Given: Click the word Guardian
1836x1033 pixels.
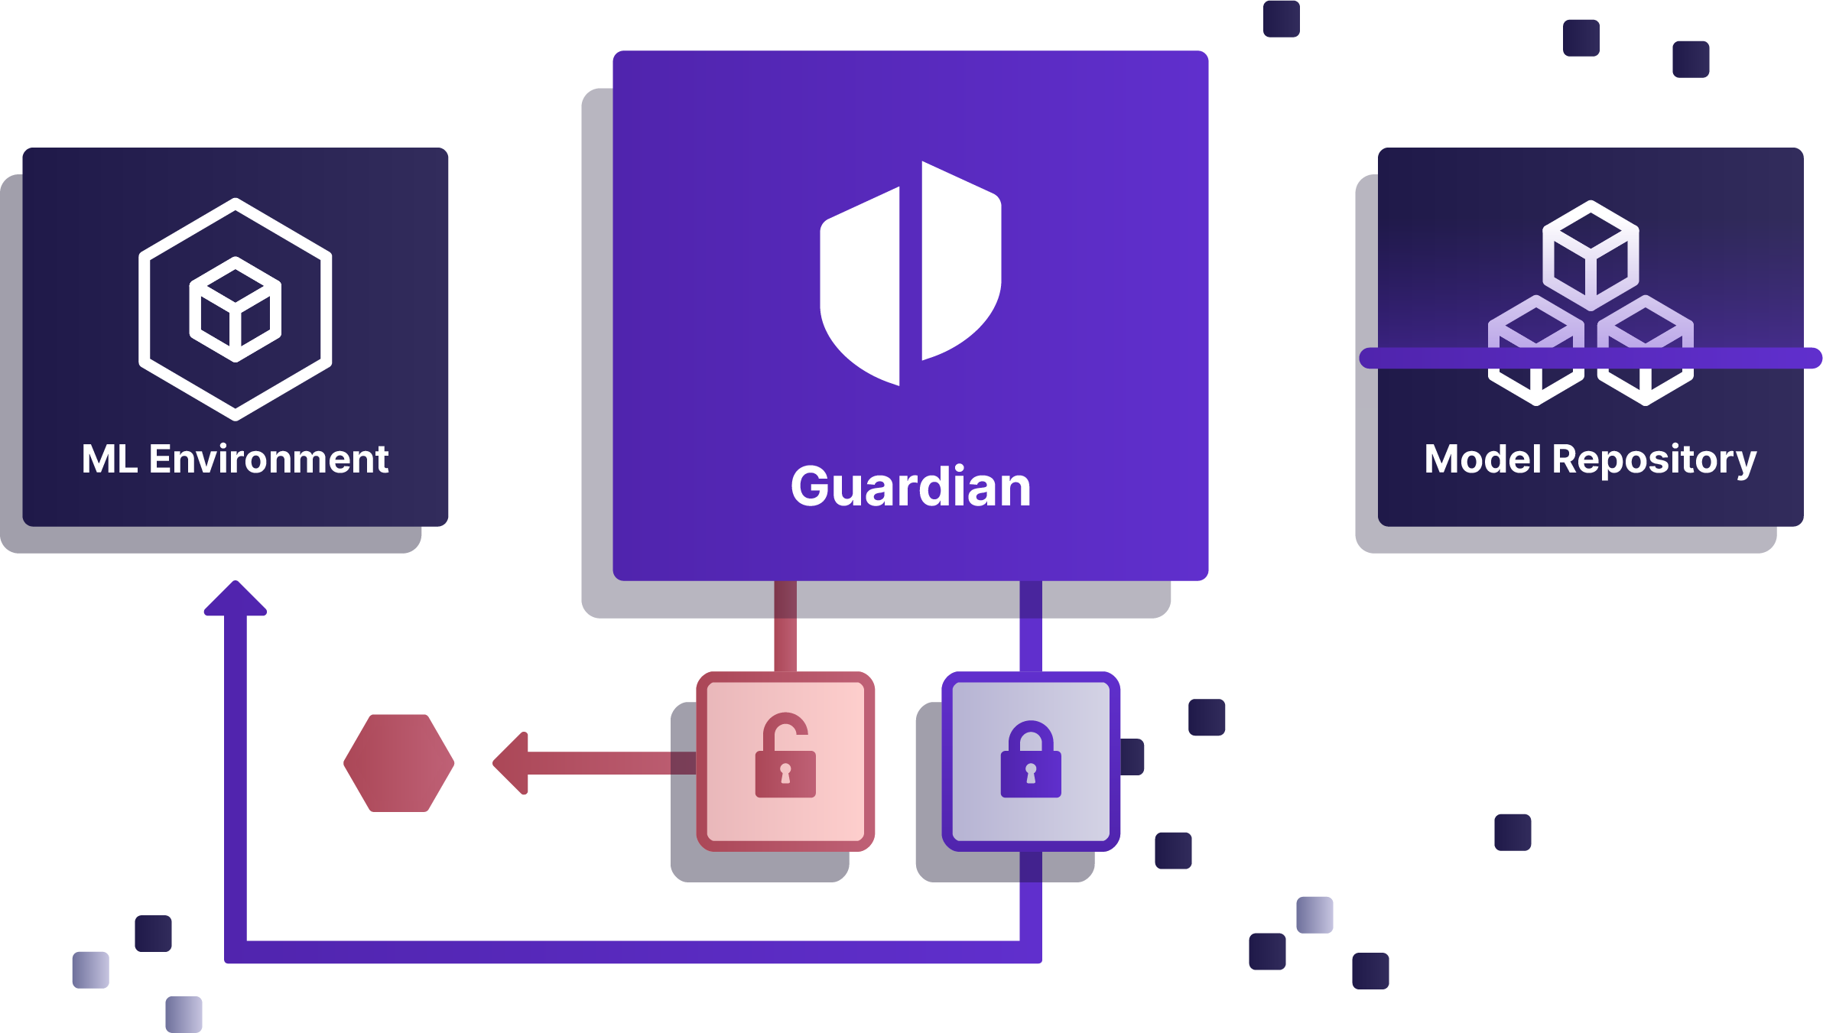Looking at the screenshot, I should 910,487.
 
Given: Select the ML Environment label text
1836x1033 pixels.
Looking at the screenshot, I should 235,460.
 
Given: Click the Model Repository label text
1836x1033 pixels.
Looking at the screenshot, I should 1590,460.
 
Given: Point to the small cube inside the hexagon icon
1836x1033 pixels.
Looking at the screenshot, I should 235,309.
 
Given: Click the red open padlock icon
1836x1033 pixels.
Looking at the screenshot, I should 785,757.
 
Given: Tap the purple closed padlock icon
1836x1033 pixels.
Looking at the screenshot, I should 1030,760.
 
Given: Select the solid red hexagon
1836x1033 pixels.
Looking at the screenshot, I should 399,762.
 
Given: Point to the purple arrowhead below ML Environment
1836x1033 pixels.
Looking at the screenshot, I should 236,599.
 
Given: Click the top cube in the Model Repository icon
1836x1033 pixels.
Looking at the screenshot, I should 1591,255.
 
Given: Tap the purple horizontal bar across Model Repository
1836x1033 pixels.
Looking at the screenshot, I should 1591,358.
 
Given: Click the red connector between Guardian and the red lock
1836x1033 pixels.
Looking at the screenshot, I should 785,625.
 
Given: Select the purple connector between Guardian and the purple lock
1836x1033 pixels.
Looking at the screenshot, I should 1030,625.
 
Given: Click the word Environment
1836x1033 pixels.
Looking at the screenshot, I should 268,460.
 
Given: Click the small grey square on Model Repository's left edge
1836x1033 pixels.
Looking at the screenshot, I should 1366,419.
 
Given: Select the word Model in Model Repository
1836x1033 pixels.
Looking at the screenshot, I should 1483,460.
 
